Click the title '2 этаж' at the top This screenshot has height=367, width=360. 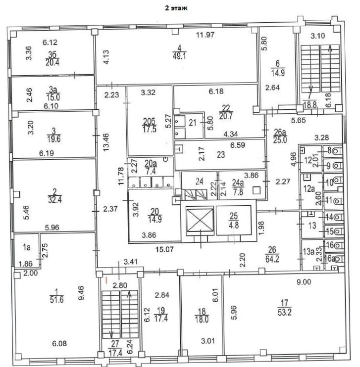[x=176, y=8]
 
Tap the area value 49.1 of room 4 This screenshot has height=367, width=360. [x=180, y=56]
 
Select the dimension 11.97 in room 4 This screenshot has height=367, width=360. [x=205, y=35]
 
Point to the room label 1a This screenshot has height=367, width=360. [x=27, y=247]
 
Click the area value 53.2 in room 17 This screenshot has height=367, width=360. [x=285, y=312]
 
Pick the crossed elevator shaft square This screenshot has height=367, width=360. [x=200, y=221]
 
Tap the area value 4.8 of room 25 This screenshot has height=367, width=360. [x=234, y=225]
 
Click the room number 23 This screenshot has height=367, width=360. [x=221, y=155]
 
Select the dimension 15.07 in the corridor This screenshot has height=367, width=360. [x=164, y=249]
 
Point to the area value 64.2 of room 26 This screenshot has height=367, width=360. [x=272, y=259]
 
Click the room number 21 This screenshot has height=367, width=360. [x=193, y=123]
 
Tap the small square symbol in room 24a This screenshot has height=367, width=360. [x=257, y=190]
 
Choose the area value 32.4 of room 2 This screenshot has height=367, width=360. [x=55, y=200]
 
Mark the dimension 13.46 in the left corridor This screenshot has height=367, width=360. [x=106, y=142]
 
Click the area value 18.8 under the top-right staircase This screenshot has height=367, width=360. [x=310, y=105]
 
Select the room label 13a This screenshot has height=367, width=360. [x=309, y=252]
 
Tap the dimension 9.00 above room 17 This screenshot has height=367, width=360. [x=304, y=282]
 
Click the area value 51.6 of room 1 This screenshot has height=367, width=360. [x=57, y=299]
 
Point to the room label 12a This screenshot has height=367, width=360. [x=309, y=188]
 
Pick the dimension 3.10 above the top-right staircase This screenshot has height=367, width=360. [x=318, y=36]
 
